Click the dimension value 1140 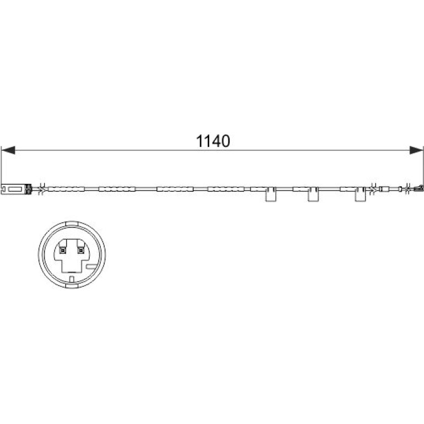pyautogui.click(x=213, y=141)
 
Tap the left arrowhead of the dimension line pyautogui.click(x=8, y=150)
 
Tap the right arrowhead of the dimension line pyautogui.click(x=416, y=150)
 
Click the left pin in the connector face pyautogui.click(x=63, y=251)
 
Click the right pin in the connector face pyautogui.click(x=80, y=251)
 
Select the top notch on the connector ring pyautogui.click(x=72, y=224)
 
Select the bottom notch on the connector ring pyautogui.click(x=72, y=286)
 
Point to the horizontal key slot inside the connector pyautogui.click(x=91, y=267)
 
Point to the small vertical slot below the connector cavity pyautogui.click(x=72, y=279)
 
